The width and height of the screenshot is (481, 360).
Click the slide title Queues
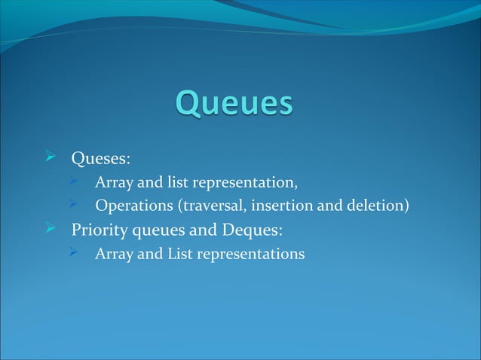pyautogui.click(x=234, y=104)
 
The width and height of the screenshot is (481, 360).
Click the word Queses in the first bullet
pyautogui.click(x=100, y=159)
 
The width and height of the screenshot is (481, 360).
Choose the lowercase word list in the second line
pyautogui.click(x=178, y=182)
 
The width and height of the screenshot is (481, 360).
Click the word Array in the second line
pyautogui.click(x=113, y=183)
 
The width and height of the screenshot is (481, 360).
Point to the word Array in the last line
pyautogui.click(x=113, y=254)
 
